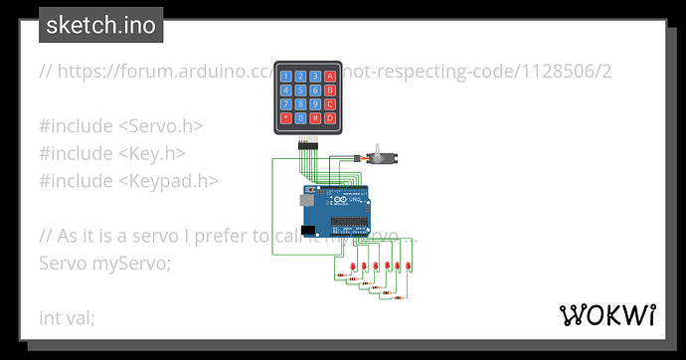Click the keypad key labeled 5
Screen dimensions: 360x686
[301, 90]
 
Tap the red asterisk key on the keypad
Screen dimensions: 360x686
[287, 117]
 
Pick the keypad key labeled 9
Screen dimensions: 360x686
[315, 103]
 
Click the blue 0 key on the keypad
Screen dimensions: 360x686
[301, 117]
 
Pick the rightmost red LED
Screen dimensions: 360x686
[411, 267]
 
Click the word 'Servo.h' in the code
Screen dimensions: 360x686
[169, 126]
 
